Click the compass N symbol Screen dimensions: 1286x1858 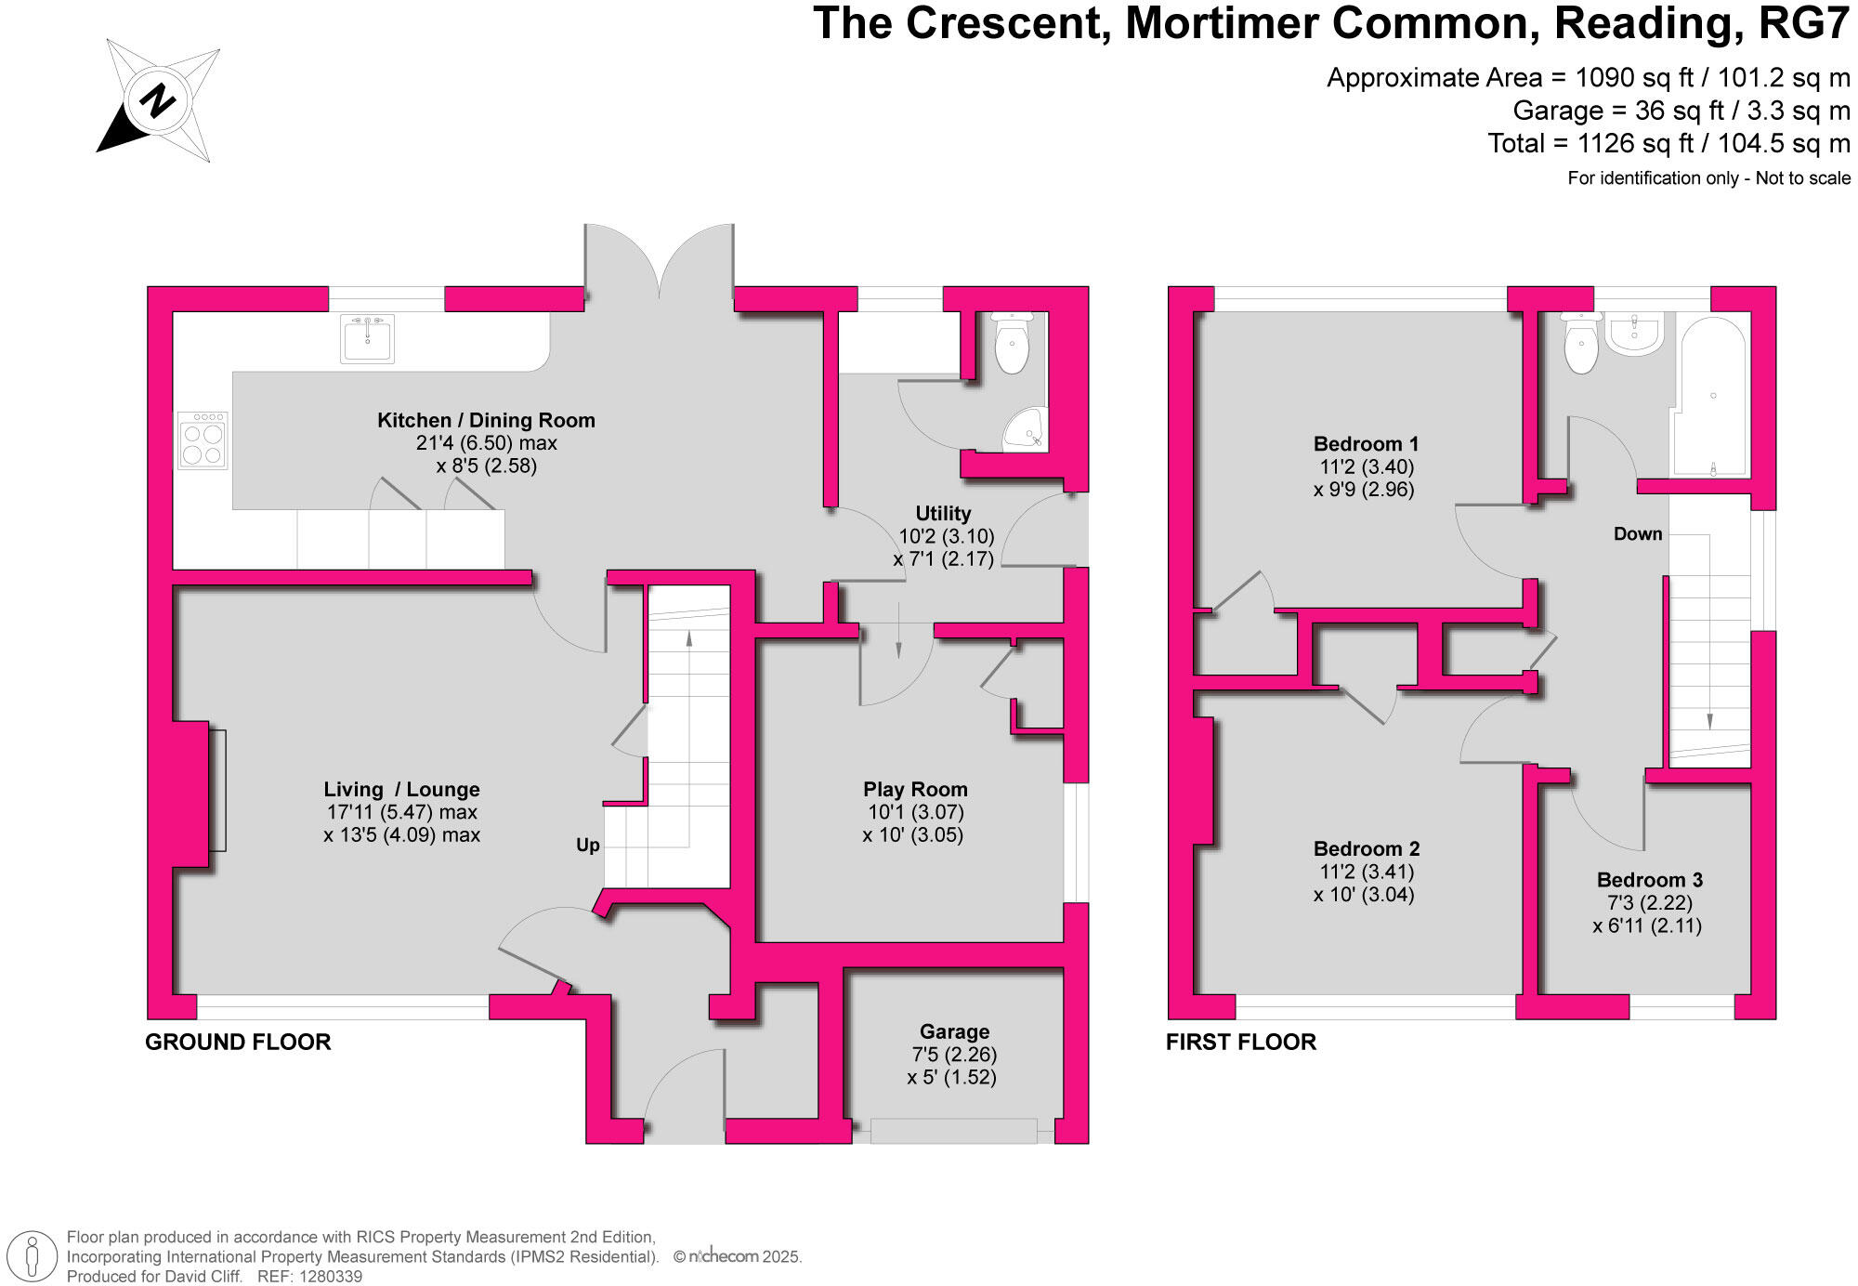pyautogui.click(x=157, y=99)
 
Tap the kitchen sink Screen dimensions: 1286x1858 pyautogui.click(x=368, y=338)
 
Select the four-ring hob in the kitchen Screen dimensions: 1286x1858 pyautogui.click(x=203, y=440)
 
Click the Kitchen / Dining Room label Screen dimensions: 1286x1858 pyautogui.click(x=486, y=420)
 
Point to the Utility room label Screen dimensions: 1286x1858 pyautogui.click(x=943, y=513)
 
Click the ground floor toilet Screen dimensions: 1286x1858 pyautogui.click(x=1012, y=343)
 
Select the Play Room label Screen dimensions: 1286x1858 pyautogui.click(x=915, y=789)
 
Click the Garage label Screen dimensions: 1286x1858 pyautogui.click(x=954, y=1031)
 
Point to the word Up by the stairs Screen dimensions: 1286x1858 pyautogui.click(x=587, y=845)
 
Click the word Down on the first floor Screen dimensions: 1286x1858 pyautogui.click(x=1637, y=533)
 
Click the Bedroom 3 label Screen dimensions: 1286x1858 pyautogui.click(x=1649, y=879)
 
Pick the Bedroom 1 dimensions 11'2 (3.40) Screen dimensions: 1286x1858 pyautogui.click(x=1366, y=466)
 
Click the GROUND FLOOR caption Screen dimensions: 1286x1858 pyautogui.click(x=238, y=1042)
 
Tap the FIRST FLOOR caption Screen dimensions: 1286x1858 pyautogui.click(x=1240, y=1042)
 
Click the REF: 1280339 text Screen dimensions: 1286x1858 pyautogui.click(x=309, y=1276)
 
